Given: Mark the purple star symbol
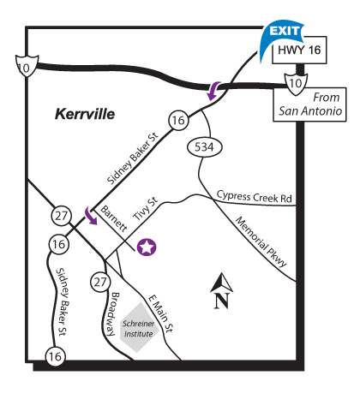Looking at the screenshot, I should [147, 248].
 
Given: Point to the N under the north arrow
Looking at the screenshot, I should [221, 301].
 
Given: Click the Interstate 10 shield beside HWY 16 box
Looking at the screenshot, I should [293, 82].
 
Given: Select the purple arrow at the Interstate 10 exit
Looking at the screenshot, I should [214, 87].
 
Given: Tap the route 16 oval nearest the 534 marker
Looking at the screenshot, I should [178, 122].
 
